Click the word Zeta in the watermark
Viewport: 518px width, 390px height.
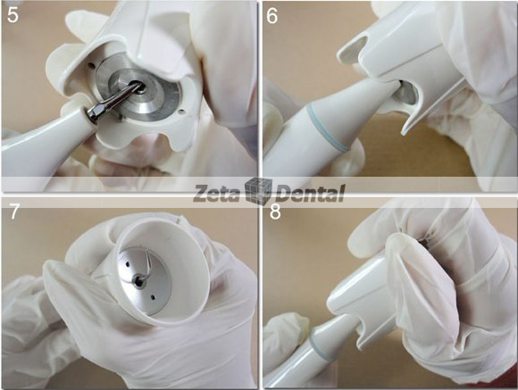click(218, 190)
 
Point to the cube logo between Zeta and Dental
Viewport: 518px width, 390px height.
click(258, 190)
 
